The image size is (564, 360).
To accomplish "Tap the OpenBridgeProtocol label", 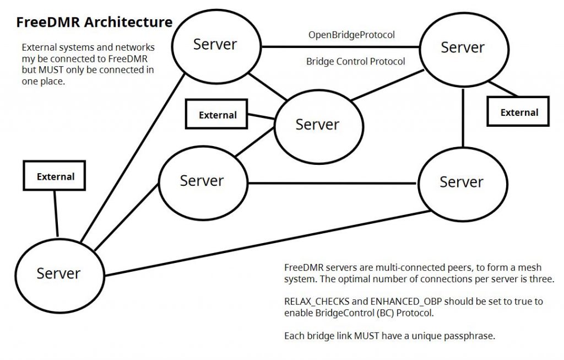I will (351, 35).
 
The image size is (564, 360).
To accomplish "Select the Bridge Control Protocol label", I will (355, 61).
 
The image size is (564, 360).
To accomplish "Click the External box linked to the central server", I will (218, 115).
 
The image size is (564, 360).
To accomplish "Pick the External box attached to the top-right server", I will (518, 112).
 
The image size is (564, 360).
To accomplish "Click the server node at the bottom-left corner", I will (58, 273).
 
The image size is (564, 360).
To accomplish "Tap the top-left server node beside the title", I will (215, 45).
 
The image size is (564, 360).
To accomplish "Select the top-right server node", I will (462, 48).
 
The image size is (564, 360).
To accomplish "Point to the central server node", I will (317, 125).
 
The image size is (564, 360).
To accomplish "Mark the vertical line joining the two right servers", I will (463, 117).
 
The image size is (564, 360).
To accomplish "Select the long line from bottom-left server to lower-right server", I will (264, 243).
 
